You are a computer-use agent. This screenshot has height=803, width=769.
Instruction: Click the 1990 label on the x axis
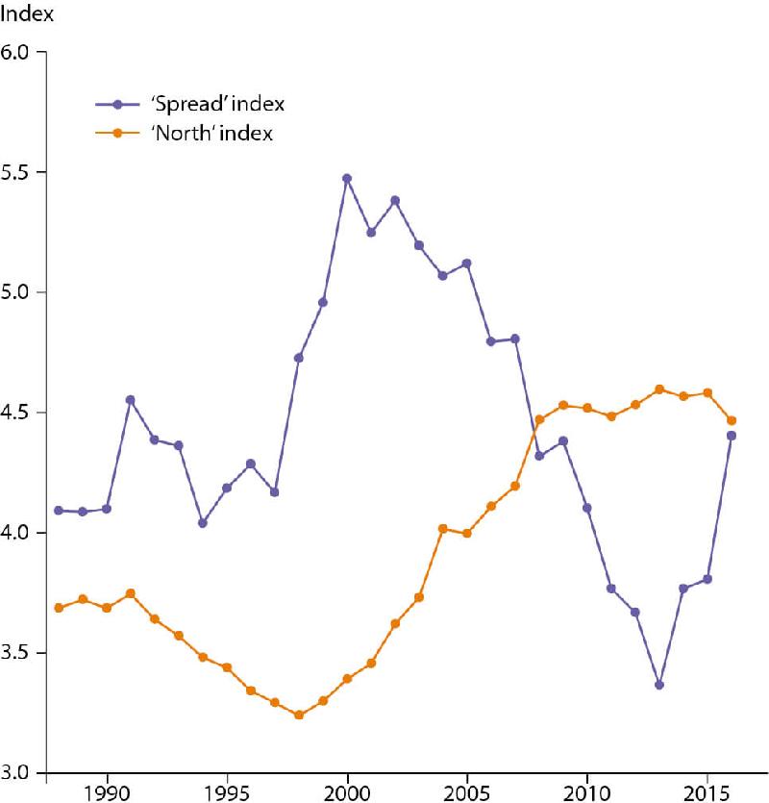[107, 791]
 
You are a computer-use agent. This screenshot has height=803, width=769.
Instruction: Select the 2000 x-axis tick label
[347, 791]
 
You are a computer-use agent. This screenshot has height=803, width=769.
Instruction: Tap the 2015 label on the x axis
[707, 791]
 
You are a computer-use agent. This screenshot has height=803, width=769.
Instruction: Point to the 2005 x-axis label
[467, 791]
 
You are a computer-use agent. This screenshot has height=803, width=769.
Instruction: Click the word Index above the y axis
[26, 16]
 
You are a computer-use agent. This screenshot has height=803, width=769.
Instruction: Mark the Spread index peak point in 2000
[347, 179]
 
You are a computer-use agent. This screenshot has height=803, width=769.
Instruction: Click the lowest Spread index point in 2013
[659, 685]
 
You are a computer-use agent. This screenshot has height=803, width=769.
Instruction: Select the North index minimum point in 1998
[299, 715]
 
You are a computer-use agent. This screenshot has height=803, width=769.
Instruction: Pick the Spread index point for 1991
[131, 400]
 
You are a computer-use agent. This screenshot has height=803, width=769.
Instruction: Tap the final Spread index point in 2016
[732, 436]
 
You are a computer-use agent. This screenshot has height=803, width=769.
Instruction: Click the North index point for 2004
[443, 528]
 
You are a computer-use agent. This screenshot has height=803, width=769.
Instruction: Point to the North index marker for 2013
[659, 389]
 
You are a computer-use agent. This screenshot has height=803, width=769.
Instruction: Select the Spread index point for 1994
[203, 523]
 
